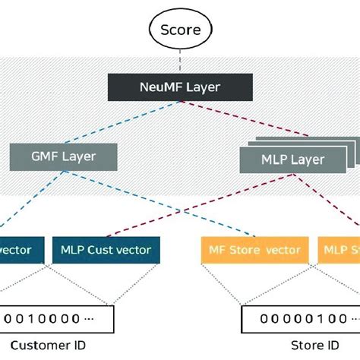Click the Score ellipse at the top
point(180,30)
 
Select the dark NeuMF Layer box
point(180,87)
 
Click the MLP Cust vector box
point(106,250)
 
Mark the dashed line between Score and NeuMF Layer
point(180,60)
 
